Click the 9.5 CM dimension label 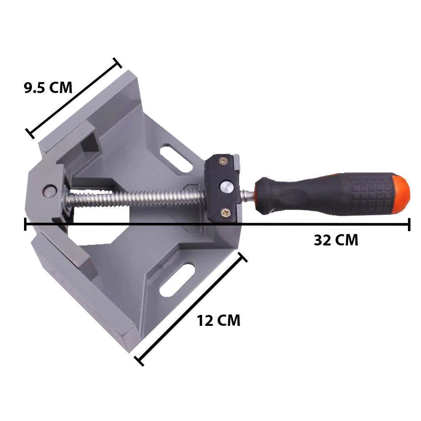[x=48, y=88]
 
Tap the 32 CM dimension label [x=336, y=240]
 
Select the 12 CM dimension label [x=218, y=321]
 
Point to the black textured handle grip [x=337, y=195]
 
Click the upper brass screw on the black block [x=224, y=161]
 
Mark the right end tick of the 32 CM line [x=409, y=225]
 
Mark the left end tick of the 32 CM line [x=26, y=225]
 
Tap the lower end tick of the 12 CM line [x=139, y=361]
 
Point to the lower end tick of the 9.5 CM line [x=30, y=133]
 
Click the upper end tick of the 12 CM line [x=242, y=257]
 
